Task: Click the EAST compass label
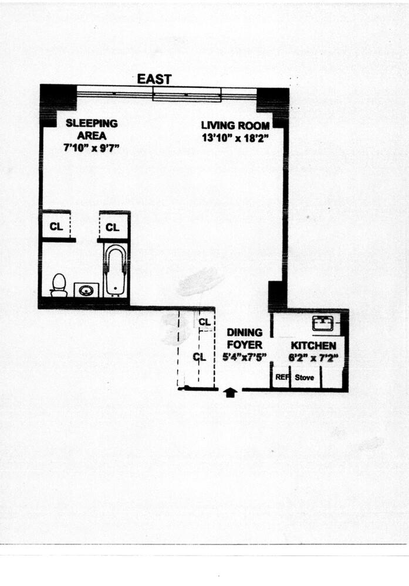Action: tap(154, 79)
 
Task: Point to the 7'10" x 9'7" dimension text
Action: tap(92, 149)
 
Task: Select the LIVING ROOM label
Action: tap(235, 125)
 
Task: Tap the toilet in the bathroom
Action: tap(59, 285)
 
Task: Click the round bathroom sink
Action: tap(87, 289)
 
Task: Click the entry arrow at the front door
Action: tap(231, 393)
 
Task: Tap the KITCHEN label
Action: tap(313, 346)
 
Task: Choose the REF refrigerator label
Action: tap(282, 377)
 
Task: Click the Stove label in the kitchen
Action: tap(304, 377)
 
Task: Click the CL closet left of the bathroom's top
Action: tap(56, 227)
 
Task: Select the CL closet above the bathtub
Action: tap(113, 227)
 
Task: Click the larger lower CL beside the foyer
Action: tap(200, 356)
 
